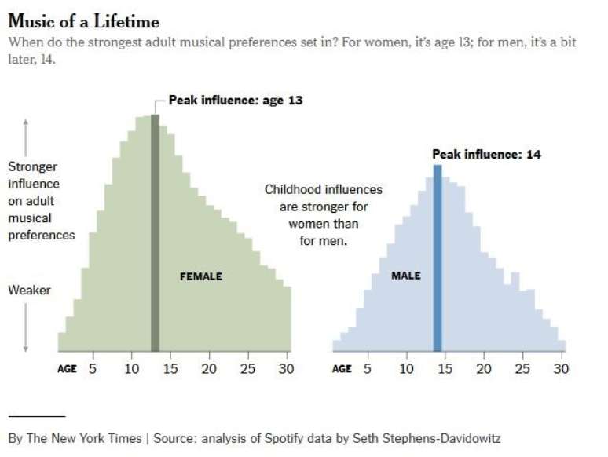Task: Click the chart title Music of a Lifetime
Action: pyautogui.click(x=83, y=21)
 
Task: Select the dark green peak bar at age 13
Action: pyautogui.click(x=156, y=236)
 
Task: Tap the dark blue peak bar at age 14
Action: pyautogui.click(x=438, y=259)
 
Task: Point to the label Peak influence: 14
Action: pyautogui.click(x=486, y=155)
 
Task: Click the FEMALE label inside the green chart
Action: pyautogui.click(x=201, y=276)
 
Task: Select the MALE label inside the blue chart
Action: pyautogui.click(x=406, y=276)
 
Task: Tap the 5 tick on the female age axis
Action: pyautogui.click(x=92, y=368)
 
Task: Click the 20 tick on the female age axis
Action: pyautogui.click(x=209, y=368)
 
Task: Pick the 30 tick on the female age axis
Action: pyautogui.click(x=286, y=368)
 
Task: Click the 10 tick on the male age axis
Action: pyautogui.click(x=406, y=368)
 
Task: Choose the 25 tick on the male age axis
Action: pyautogui.click(x=522, y=368)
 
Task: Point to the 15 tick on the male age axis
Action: pyautogui.click(x=445, y=368)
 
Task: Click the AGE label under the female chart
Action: pyautogui.click(x=68, y=369)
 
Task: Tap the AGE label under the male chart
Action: pyautogui.click(x=342, y=369)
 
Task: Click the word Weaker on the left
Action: pyautogui.click(x=29, y=291)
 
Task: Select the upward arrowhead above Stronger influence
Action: pyautogui.click(x=26, y=122)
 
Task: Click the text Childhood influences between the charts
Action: pyautogui.click(x=323, y=189)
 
